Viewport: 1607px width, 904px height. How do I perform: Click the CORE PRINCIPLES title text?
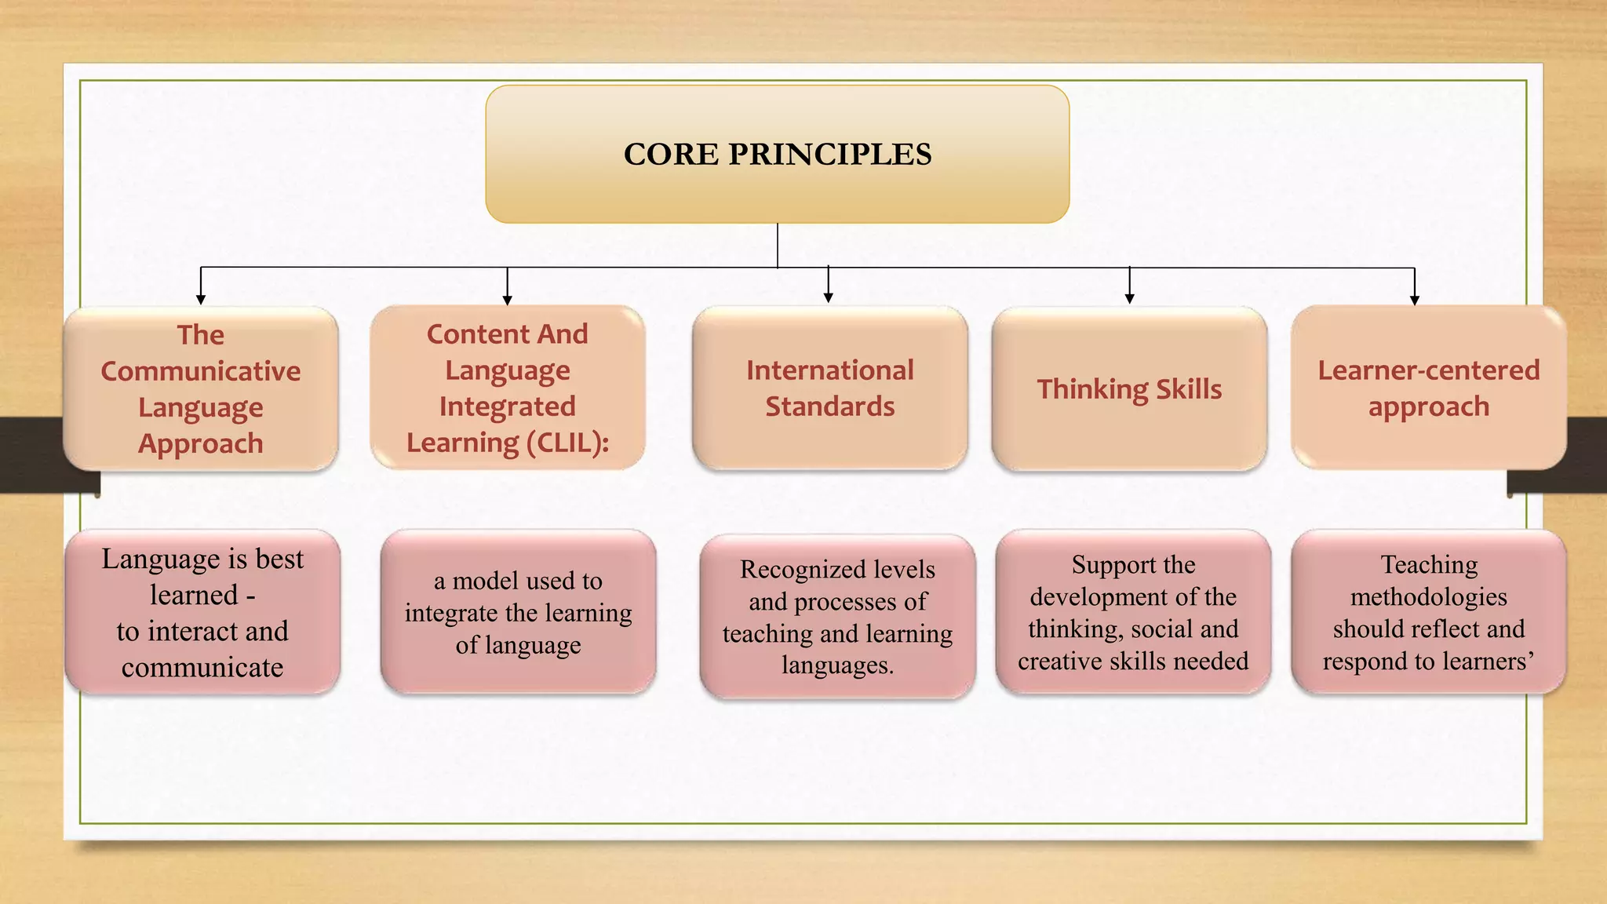pyautogui.click(x=777, y=154)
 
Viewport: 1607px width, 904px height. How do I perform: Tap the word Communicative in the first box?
pyautogui.click(x=201, y=371)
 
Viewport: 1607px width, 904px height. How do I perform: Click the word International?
pyautogui.click(x=829, y=370)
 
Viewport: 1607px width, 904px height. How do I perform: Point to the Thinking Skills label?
pyautogui.click(x=1129, y=389)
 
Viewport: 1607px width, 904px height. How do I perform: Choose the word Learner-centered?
pyautogui.click(x=1428, y=370)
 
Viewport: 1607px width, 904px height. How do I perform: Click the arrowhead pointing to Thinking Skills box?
pyautogui.click(x=1129, y=298)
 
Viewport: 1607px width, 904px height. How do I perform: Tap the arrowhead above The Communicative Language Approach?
pyautogui.click(x=201, y=299)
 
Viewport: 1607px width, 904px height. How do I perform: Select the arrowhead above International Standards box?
pyautogui.click(x=828, y=297)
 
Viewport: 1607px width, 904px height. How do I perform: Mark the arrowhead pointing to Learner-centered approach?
pyautogui.click(x=1414, y=300)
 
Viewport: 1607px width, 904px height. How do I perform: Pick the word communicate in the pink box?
pyautogui.click(x=202, y=668)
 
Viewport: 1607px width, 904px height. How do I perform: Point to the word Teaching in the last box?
pyautogui.click(x=1429, y=564)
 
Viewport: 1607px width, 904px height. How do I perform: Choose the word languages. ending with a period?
pyautogui.click(x=837, y=665)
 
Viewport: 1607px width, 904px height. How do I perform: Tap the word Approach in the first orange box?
pyautogui.click(x=201, y=444)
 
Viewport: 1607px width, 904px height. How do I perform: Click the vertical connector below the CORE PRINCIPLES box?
pyautogui.click(x=777, y=245)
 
